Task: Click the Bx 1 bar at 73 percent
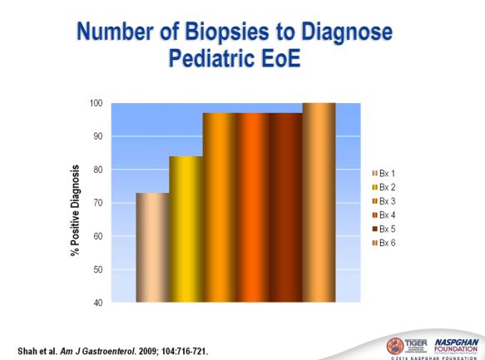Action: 152,247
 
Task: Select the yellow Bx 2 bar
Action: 186,229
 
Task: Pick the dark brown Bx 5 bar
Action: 285,207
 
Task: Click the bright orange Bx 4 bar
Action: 252,207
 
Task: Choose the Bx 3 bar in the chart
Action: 219,207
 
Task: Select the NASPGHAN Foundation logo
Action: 451,344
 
